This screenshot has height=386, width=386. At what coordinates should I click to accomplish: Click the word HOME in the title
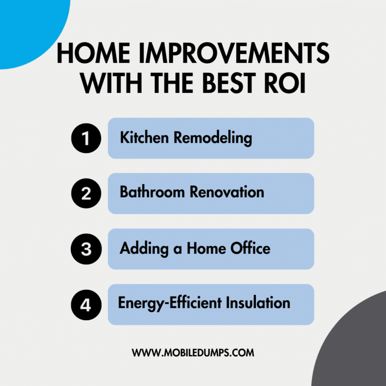pyautogui.click(x=93, y=53)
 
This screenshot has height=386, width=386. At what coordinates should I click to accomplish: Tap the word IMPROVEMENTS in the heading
pyautogui.click(x=234, y=53)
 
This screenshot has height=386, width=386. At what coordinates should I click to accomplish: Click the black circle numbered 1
pyautogui.click(x=86, y=138)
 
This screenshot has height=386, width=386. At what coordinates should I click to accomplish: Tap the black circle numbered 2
pyautogui.click(x=86, y=194)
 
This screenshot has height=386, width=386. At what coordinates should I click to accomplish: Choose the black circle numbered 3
pyautogui.click(x=86, y=249)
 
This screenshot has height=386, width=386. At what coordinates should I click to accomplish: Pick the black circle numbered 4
pyautogui.click(x=86, y=305)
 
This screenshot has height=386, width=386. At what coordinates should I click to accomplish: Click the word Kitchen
pyautogui.click(x=144, y=137)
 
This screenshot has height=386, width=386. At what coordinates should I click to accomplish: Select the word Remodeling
pyautogui.click(x=213, y=138)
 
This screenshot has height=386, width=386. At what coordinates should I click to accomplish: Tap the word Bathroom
pyautogui.click(x=152, y=192)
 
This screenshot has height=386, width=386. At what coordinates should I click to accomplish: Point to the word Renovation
pyautogui.click(x=227, y=192)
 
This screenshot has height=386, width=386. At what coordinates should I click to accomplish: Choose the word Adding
pyautogui.click(x=144, y=249)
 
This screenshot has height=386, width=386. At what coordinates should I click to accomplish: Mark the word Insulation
pyautogui.click(x=258, y=303)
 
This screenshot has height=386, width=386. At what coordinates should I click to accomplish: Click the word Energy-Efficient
pyautogui.click(x=170, y=304)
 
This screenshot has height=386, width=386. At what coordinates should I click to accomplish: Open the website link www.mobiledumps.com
pyautogui.click(x=193, y=353)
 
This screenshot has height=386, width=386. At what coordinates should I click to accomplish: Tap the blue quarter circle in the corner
pyautogui.click(x=30, y=30)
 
